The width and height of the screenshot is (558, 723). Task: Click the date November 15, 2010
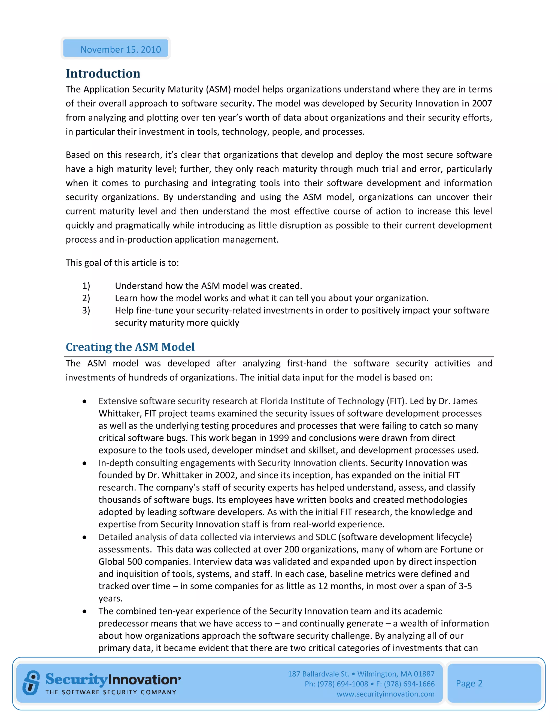[x=121, y=49]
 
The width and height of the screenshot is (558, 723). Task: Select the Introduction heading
[x=103, y=73]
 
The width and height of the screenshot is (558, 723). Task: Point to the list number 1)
[x=86, y=286]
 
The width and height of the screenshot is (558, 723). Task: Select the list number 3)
[x=86, y=310]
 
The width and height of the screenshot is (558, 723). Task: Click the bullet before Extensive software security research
[x=85, y=401]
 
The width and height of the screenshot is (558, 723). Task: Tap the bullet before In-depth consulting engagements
[x=85, y=463]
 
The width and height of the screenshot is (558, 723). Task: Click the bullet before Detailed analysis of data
[x=85, y=537]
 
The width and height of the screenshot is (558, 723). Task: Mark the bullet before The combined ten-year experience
[x=85, y=611]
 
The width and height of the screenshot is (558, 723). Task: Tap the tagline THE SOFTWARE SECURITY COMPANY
[x=111, y=692]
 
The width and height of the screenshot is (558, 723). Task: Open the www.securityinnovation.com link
[x=386, y=694]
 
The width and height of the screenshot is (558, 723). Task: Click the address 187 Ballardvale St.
[x=318, y=674]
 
